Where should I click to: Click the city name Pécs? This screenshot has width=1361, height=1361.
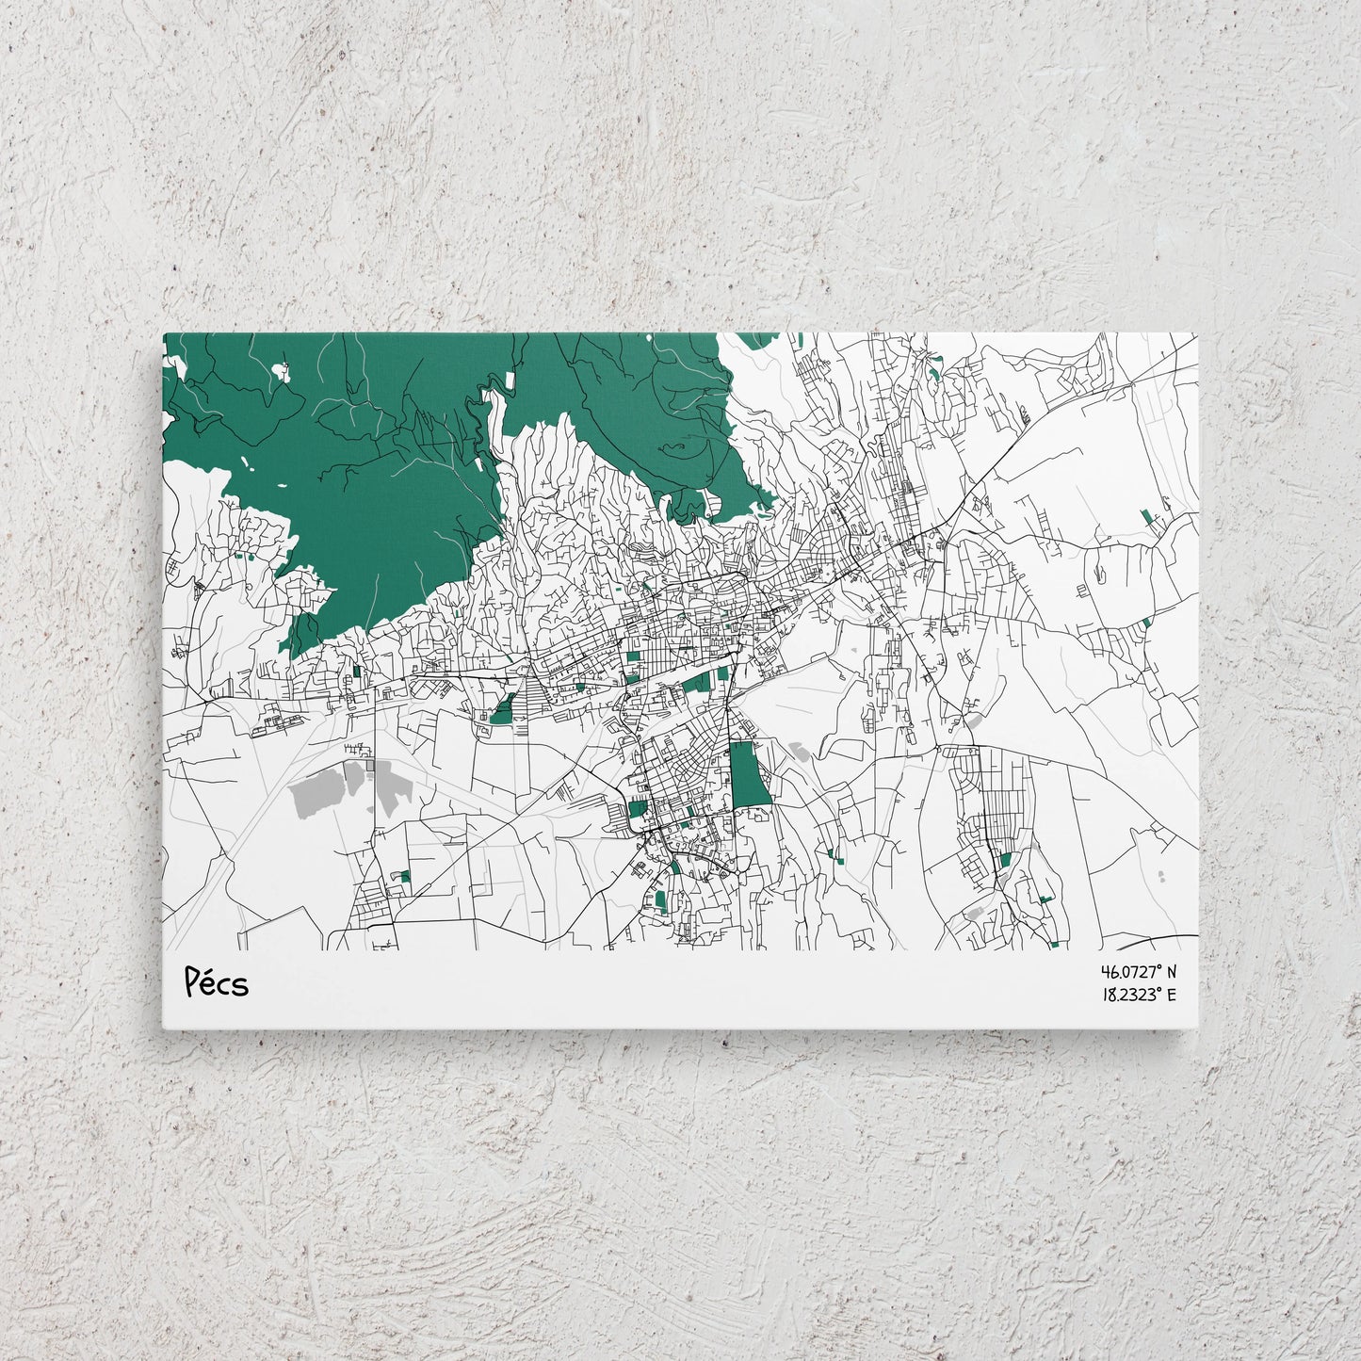point(217,982)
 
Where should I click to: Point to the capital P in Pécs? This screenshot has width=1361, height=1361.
point(192,982)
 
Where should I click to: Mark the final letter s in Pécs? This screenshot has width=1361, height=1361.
point(241,986)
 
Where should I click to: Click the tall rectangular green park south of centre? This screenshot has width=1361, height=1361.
point(749,774)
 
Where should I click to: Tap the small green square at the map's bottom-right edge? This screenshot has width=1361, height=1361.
point(1055,943)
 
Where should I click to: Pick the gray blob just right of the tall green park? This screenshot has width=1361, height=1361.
point(800,753)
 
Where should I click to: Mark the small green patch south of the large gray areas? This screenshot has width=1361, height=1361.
point(405,876)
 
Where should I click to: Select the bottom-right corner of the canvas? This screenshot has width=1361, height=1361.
point(1198,1029)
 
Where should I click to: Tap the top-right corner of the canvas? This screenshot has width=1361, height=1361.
point(1198,333)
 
